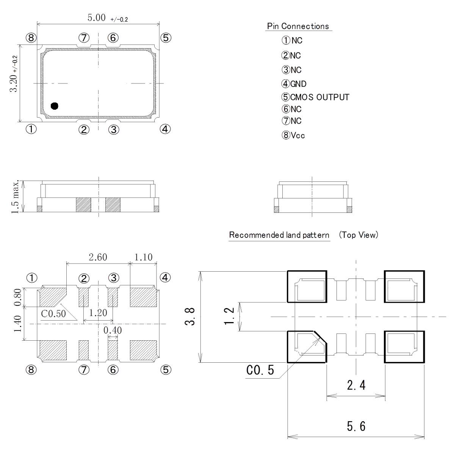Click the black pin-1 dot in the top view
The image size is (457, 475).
point(55,106)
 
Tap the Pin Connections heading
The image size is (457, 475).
point(298,26)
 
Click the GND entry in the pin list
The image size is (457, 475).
point(298,84)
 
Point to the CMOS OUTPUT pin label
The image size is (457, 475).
point(319,97)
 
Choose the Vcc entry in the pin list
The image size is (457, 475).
point(297,135)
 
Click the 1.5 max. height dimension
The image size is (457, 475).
point(16,197)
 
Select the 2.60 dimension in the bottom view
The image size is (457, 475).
point(98,257)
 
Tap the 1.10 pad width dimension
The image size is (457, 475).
point(143,257)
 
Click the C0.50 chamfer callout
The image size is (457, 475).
point(53,314)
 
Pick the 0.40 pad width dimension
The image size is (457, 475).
point(113,330)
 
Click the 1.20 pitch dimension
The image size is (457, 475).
point(98,313)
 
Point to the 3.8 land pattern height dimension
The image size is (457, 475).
point(192,316)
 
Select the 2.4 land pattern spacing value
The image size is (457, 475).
point(356,385)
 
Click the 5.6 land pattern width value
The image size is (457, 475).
point(356,426)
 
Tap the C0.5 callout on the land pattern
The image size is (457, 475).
point(260,370)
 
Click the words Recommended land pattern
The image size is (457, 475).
point(279,235)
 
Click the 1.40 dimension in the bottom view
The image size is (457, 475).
point(17,324)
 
